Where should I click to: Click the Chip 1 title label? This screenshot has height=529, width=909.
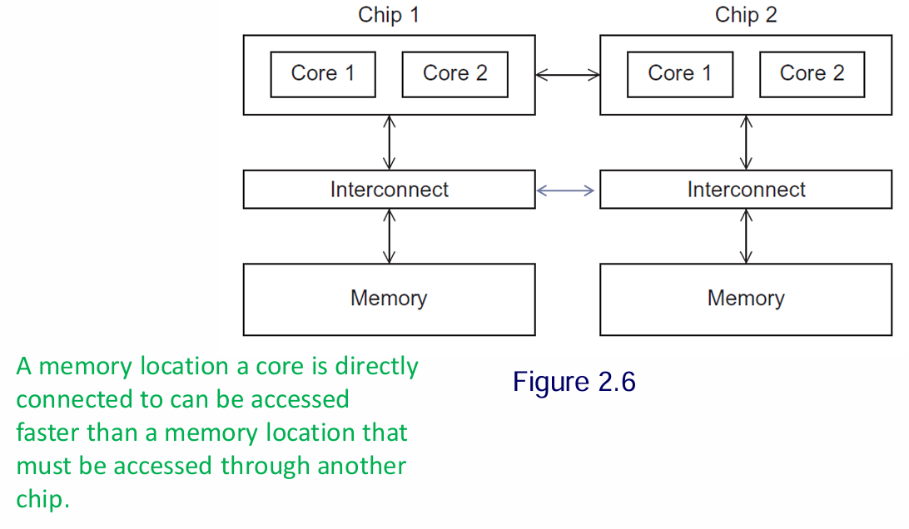[389, 15]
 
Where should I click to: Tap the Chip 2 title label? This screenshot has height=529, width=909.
[746, 15]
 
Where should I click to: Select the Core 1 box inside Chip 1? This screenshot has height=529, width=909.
[323, 74]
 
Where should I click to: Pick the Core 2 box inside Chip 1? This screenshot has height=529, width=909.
[454, 74]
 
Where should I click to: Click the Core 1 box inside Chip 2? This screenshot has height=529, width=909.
[680, 74]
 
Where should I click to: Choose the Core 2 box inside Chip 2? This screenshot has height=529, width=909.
[812, 74]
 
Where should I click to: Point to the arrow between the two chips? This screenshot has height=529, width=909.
[567, 75]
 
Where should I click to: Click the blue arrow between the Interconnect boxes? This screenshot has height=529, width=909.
[566, 190]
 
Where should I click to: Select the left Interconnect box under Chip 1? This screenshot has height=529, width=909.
[389, 190]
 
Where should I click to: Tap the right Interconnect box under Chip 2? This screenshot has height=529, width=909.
[746, 190]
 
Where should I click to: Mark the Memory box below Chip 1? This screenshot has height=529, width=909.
[389, 299]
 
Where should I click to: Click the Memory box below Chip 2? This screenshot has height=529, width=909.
[746, 299]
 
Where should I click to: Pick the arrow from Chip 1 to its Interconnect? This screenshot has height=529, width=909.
[389, 142]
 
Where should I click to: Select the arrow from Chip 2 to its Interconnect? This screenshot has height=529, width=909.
[747, 142]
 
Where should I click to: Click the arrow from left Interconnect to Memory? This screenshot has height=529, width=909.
[389, 236]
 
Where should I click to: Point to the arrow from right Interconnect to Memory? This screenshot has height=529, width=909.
[747, 236]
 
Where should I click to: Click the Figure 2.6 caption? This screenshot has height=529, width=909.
[574, 382]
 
